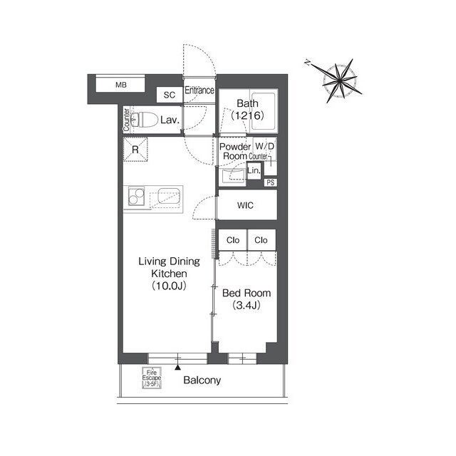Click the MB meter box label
tap(121, 85)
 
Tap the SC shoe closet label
tap(170, 95)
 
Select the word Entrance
tap(199, 90)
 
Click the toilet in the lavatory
tap(144, 119)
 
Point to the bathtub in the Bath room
tap(263, 111)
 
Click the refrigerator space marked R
tap(135, 150)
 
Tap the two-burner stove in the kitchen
tap(136, 197)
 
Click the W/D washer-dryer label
tap(264, 146)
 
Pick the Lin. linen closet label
tap(254, 170)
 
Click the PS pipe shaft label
tap(271, 182)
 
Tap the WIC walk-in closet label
tap(245, 205)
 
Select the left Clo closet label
tap(233, 240)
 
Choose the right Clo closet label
tap(261, 240)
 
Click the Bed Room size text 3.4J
tap(247, 306)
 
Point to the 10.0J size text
tap(169, 286)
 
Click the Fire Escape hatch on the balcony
tap(152, 378)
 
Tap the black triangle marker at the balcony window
tap(177, 368)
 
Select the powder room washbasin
tap(234, 175)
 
